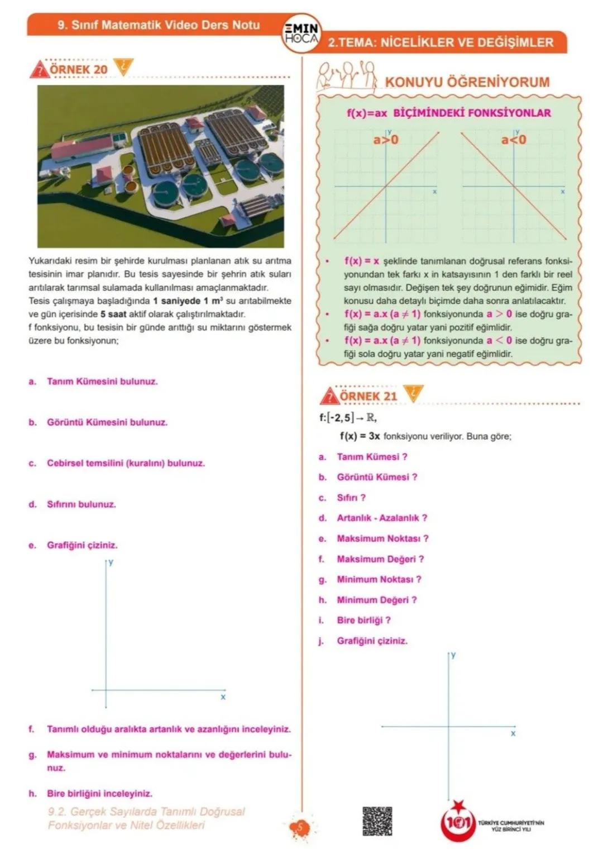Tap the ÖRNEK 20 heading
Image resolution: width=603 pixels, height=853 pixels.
78,69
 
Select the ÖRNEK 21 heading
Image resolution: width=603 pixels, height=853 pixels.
368,396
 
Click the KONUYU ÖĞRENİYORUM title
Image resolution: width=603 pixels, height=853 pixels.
467,82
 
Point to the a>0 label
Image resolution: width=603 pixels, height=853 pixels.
386,140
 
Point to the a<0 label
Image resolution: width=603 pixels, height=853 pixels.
513,140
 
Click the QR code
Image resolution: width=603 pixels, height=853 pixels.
377,821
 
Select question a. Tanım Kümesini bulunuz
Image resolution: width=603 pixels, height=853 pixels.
102,382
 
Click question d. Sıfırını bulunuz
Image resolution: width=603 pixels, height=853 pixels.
81,504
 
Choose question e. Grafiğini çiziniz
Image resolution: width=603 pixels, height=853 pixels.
82,545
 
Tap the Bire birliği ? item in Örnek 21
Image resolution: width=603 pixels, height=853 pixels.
363,620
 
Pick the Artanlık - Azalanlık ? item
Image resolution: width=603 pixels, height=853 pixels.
381,518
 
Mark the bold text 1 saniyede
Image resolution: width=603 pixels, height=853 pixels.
176,301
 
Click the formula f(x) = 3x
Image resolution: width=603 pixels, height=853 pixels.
360,436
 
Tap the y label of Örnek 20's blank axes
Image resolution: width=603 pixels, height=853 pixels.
111,562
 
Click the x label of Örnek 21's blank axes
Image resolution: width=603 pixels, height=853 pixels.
513,733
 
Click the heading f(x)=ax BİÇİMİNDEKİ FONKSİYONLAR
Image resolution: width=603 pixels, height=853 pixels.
448,113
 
